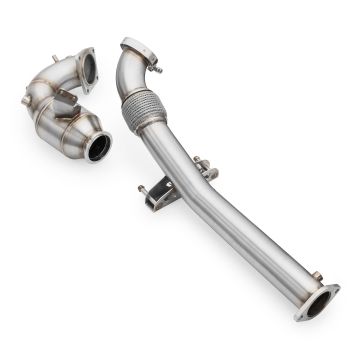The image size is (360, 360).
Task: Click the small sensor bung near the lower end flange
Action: point(316,275)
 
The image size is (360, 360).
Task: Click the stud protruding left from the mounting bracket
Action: point(142,187)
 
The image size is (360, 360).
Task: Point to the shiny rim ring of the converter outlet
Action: point(110,146)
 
